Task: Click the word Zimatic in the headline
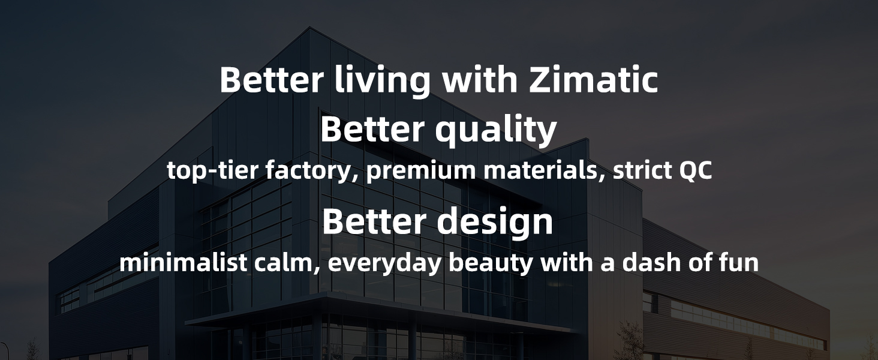pyautogui.click(x=594, y=80)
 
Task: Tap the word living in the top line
pyautogui.click(x=383, y=82)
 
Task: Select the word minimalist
pyautogui.click(x=183, y=262)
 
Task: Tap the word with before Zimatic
pyautogui.click(x=480, y=80)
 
